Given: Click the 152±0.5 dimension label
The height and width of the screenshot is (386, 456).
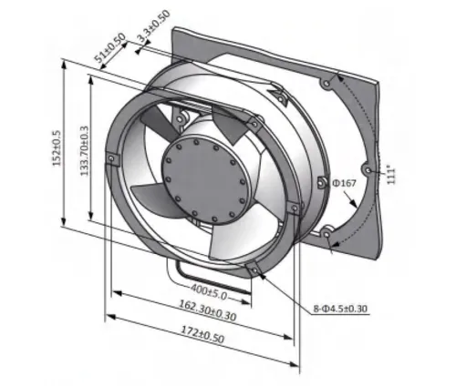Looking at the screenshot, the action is click(x=57, y=148).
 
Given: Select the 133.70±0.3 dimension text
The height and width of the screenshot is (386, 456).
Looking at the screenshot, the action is click(x=84, y=151).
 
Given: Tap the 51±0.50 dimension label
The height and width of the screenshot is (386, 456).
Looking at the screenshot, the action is click(x=110, y=47).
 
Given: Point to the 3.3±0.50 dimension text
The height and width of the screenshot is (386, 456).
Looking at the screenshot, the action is click(x=154, y=26).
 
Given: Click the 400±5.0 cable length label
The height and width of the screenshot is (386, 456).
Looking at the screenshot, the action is click(x=209, y=291).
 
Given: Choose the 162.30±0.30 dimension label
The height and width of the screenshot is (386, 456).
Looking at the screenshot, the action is click(x=207, y=310).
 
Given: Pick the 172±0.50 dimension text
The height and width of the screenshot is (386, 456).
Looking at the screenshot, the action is click(x=202, y=334).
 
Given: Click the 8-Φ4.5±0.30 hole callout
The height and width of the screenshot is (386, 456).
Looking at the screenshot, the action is click(x=340, y=309).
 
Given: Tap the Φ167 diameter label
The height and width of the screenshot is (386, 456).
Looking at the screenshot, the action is click(x=344, y=183).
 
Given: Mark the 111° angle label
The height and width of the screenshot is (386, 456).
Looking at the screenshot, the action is click(x=391, y=175).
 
